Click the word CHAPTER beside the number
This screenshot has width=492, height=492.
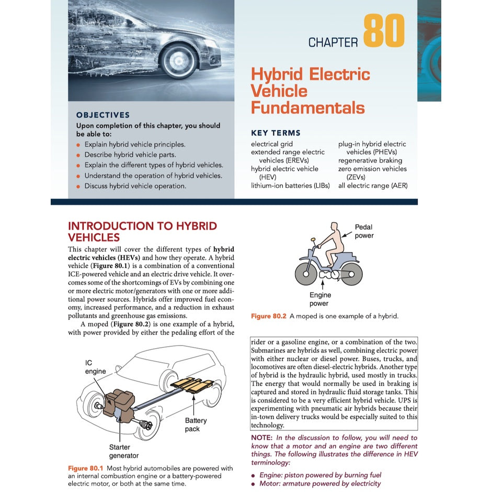333,43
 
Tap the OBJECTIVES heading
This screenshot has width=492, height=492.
103,115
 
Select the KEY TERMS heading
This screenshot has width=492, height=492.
276,133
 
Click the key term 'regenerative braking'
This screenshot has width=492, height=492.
370,161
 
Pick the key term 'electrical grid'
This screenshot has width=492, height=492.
272,144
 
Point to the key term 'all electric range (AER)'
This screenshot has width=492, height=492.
373,186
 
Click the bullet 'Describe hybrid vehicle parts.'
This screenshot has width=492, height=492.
130,155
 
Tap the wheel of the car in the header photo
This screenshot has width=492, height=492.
179,62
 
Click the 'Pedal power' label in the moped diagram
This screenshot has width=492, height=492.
364,231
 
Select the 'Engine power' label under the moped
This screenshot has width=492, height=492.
320,299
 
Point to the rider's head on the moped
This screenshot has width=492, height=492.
336,228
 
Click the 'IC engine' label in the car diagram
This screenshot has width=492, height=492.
95,367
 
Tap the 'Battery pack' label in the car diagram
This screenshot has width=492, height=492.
196,425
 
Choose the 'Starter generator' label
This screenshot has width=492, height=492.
124,451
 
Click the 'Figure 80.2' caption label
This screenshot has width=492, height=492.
268,316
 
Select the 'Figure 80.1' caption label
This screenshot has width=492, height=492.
85,468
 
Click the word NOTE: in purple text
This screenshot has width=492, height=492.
262,438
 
